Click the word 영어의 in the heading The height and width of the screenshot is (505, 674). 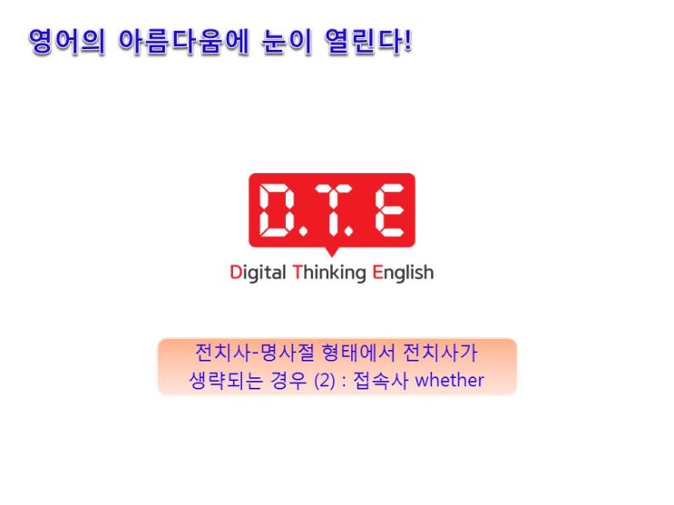66,42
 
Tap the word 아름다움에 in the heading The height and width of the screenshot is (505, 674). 183,42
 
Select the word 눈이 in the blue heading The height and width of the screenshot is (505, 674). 287,42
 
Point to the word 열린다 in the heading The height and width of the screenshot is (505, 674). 363,42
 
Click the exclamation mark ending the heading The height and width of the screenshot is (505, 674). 407,41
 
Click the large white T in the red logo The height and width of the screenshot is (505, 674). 332,209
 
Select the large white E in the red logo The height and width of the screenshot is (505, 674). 389,209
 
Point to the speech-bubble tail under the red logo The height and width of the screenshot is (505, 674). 331,252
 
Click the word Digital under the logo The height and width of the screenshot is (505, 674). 258,273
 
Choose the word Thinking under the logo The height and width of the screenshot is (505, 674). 329,273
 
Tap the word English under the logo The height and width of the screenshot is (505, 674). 403,273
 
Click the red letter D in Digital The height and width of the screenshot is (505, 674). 236,272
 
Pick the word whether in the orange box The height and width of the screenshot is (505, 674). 449,381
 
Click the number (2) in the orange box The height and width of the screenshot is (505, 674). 325,381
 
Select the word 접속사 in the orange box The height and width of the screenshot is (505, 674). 380,381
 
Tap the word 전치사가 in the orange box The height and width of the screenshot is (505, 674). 440,353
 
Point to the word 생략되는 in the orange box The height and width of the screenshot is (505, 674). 226,381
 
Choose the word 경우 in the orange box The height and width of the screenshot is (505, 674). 288,381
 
